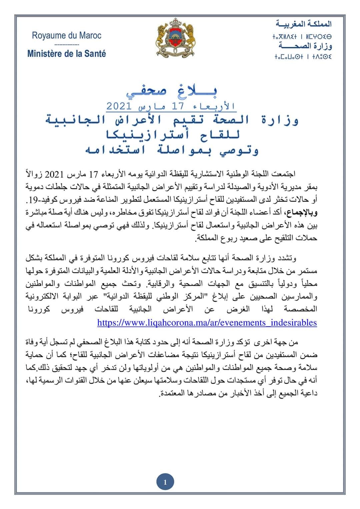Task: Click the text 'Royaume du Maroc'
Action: tap(66, 36)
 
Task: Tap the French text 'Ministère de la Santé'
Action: tap(66, 53)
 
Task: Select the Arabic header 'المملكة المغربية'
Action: tap(304, 24)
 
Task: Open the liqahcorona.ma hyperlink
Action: tap(207, 323)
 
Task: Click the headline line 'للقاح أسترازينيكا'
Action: tap(172, 135)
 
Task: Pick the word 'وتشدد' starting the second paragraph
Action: tap(286, 258)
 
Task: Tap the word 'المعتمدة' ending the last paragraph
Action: tap(172, 393)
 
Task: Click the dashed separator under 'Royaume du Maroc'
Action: tap(66, 44)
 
